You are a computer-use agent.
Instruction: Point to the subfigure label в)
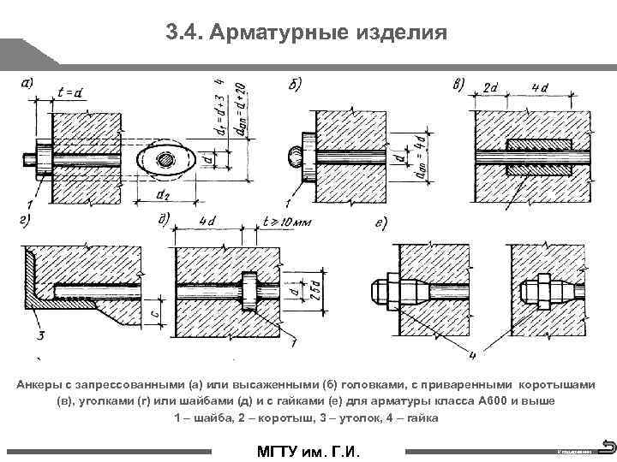(459, 83)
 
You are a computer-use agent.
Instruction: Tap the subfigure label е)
(382, 224)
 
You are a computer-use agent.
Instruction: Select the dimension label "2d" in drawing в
(493, 88)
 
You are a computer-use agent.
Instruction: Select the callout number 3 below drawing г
(40, 332)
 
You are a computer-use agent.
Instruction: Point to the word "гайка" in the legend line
(422, 418)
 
